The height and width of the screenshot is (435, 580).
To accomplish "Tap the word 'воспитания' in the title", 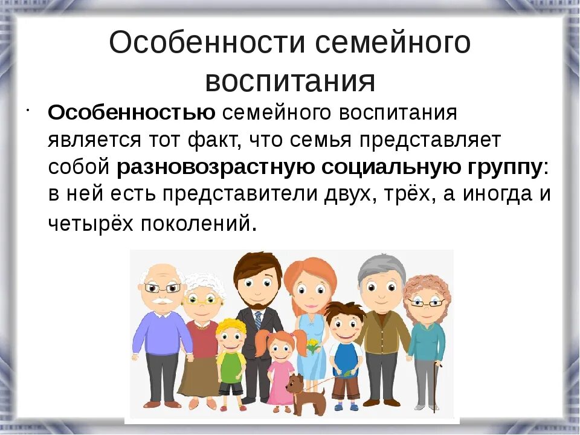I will click(290, 81).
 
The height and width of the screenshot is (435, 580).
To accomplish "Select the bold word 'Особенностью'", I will click(131, 113).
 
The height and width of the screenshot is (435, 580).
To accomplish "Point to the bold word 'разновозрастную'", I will click(214, 167).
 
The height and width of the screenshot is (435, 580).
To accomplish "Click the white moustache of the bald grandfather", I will click(161, 300).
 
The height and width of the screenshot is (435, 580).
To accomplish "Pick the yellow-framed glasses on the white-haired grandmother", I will click(202, 300).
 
